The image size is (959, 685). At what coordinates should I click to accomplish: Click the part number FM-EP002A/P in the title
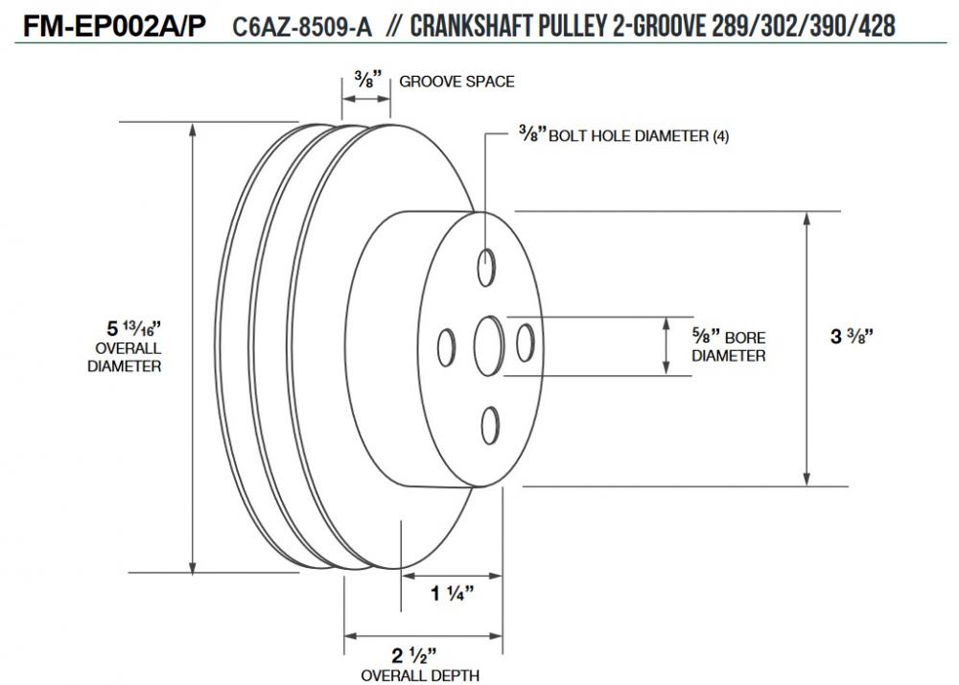point(114,26)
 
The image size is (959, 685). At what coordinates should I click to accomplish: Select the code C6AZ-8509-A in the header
point(302,28)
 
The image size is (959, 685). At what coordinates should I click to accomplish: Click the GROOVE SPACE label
point(456,82)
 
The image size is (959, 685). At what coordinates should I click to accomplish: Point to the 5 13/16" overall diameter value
point(133,328)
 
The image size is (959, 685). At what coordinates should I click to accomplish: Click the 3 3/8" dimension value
point(852,336)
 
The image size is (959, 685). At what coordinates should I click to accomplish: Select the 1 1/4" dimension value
point(453,593)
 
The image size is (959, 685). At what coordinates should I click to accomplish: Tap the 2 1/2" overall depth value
point(414,655)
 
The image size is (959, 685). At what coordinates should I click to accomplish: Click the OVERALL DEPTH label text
point(420,675)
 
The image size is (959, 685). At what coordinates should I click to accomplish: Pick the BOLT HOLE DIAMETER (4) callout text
point(624,134)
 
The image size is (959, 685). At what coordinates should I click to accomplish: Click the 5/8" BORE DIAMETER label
point(729,345)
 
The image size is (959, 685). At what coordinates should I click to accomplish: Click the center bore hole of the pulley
point(489,345)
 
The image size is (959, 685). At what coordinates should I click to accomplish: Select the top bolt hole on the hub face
point(486,268)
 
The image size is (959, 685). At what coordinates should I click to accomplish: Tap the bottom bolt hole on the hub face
point(490,425)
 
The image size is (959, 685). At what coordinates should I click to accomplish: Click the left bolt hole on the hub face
point(447,347)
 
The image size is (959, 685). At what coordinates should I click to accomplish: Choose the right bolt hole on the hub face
point(526,342)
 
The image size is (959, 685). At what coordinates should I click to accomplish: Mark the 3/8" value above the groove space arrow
point(367,80)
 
